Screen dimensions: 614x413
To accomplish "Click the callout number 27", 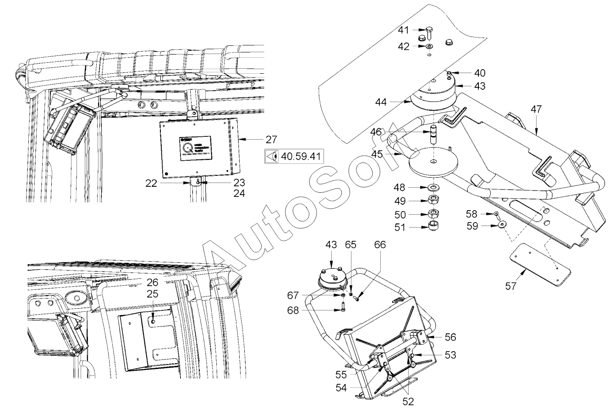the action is click(x=271, y=139).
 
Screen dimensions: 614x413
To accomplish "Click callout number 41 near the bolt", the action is click(x=403, y=30).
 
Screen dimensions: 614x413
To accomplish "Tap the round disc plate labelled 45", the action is click(x=433, y=162).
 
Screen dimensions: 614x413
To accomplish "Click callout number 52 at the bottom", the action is click(x=408, y=401).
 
